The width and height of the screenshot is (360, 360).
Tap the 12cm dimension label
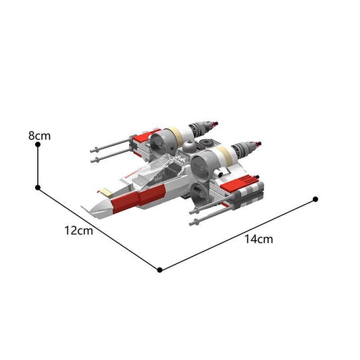click(x=78, y=230)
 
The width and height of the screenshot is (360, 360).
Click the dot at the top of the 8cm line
click(x=38, y=147)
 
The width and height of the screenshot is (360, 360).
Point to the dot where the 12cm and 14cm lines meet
click(x=159, y=269)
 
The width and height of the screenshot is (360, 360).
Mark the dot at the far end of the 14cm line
click(x=315, y=199)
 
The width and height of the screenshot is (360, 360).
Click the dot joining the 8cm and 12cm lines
click(x=38, y=187)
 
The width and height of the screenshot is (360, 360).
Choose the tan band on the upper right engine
click(x=224, y=155)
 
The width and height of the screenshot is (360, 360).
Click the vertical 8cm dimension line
click(x=38, y=167)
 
